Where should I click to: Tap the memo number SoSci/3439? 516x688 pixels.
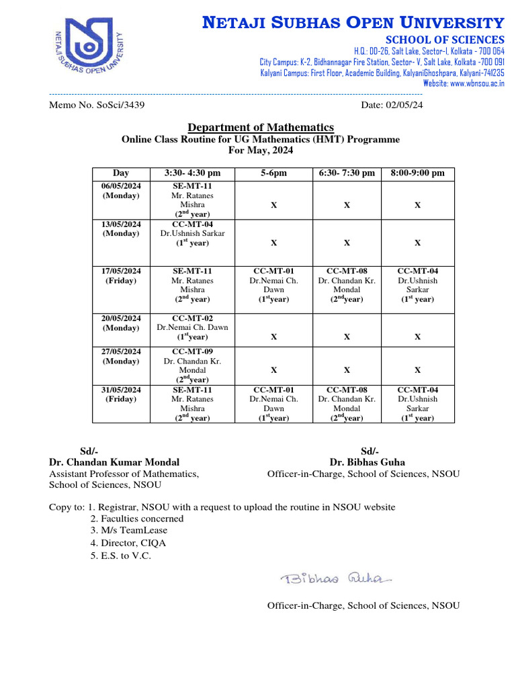[97, 105]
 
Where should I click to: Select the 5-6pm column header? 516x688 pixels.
[273, 173]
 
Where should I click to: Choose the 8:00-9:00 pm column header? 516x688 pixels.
[417, 173]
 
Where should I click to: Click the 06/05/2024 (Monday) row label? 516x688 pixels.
[122, 191]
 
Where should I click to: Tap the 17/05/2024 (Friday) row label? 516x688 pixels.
[122, 275]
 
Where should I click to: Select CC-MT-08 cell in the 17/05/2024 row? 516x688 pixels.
[347, 285]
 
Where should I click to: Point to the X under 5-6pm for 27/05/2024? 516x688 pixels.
[273, 370]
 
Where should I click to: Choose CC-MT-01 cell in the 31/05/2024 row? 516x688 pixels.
[273, 403]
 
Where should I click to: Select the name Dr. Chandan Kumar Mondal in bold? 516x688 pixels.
[114, 462]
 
